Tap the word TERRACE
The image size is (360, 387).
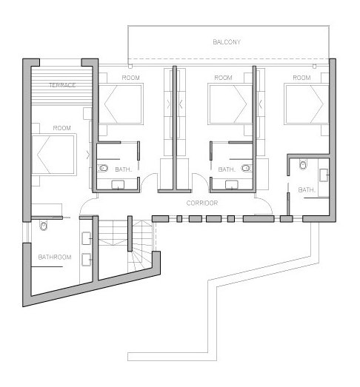click(61, 86)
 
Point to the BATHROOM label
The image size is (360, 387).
click(54, 257)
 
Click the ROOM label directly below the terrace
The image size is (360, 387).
click(61, 128)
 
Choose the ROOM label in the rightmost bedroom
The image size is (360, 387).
click(301, 78)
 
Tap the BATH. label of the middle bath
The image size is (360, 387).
click(227, 169)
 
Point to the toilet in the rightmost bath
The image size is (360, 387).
click(302, 164)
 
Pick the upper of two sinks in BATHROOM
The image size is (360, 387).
click(87, 237)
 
